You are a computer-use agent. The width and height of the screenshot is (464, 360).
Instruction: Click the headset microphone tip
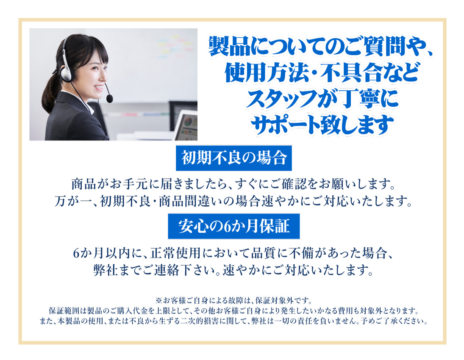pos(109,98)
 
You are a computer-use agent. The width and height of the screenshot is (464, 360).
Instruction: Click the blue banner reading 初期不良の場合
pos(234,158)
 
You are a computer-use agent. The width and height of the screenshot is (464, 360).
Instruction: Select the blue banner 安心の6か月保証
pos(234,226)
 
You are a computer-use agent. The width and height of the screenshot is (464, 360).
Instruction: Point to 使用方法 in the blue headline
pos(267,72)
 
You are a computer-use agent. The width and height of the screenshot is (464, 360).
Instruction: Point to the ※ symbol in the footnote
pos(159,301)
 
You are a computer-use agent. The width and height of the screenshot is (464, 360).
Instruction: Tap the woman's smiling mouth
pos(99,88)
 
